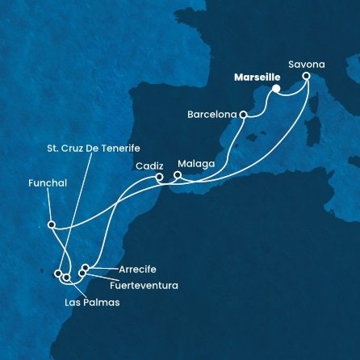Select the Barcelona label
[x=213, y=115]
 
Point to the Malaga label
[x=197, y=163]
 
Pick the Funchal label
[x=45, y=184]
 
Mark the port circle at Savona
[x=307, y=76]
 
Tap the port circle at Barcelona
[x=243, y=115]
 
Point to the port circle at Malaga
[x=178, y=174]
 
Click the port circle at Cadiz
[x=159, y=177]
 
